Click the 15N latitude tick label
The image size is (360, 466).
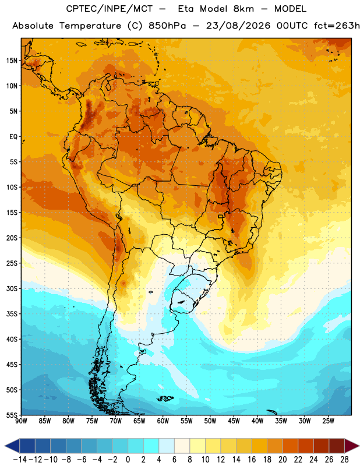coord(12,61)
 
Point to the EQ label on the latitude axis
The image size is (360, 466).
coord(13,137)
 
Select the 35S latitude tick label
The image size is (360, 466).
coord(12,314)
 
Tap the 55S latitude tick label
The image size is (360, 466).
coord(12,415)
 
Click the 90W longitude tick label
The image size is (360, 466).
coord(22,421)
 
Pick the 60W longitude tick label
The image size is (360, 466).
coord(163,421)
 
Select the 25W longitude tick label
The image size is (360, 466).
coord(328,421)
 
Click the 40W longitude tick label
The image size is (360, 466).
coord(257,421)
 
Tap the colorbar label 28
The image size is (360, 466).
coord(344,460)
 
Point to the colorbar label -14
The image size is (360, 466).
coord(20,460)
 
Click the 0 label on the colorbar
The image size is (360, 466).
coord(128,460)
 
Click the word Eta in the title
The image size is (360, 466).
coord(186,9)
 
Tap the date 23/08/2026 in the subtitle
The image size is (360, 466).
coord(238,26)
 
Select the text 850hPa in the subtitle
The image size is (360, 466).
coord(167,26)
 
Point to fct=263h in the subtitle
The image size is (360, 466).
coord(337,26)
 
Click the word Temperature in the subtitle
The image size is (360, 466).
coord(90,26)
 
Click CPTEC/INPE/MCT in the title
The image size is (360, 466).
coord(110,9)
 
